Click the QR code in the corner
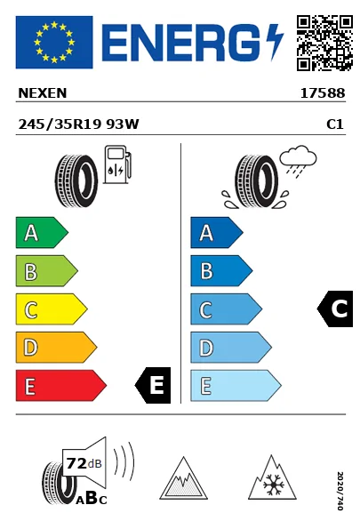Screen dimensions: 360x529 (x=324, y=43)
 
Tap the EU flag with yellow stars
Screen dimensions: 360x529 (x=54, y=42)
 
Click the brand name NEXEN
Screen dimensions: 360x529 (x=43, y=93)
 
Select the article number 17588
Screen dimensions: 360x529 (x=323, y=93)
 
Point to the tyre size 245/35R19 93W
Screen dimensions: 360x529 (x=78, y=124)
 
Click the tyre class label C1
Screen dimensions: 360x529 (x=335, y=124)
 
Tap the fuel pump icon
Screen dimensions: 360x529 (x=117, y=164)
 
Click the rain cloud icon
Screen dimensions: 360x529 (x=298, y=161)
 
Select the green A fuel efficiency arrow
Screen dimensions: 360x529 (x=42, y=232)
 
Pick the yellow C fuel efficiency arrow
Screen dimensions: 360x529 (x=52, y=309)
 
